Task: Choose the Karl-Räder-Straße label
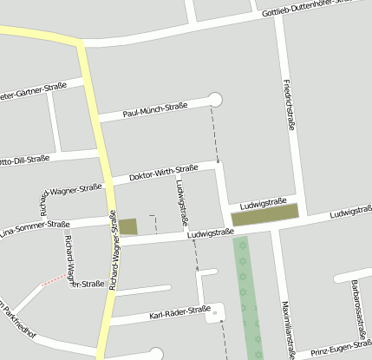pyautogui.click(x=179, y=311)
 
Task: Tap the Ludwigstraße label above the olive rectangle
pyautogui.click(x=264, y=201)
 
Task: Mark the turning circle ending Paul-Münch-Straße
pyautogui.click(x=215, y=100)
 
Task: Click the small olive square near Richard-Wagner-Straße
pyautogui.click(x=127, y=226)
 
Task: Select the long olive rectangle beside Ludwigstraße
pyautogui.click(x=264, y=214)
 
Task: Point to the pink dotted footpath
pyautogui.click(x=52, y=279)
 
